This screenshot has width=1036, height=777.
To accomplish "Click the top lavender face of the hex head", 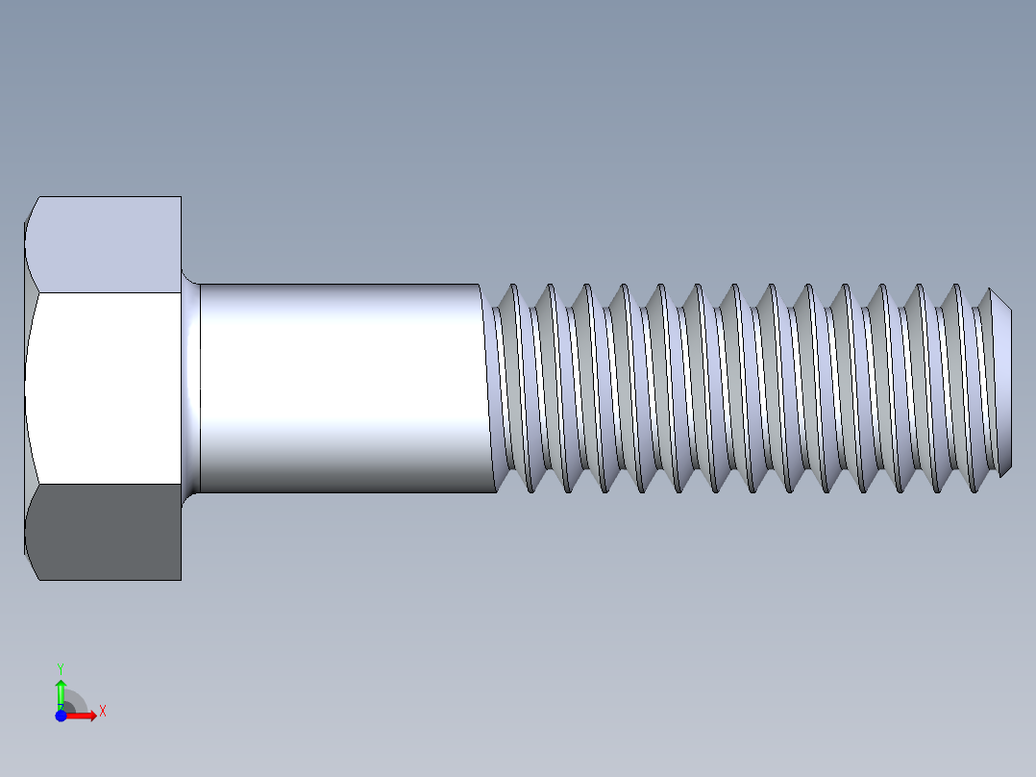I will pos(106,244).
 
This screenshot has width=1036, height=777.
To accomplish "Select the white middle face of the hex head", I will pos(106,388).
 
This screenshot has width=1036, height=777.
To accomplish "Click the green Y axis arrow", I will pos(61,690).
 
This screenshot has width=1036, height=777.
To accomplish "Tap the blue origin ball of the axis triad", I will pos(61,715).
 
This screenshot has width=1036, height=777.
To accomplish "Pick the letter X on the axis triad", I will pos(102,712).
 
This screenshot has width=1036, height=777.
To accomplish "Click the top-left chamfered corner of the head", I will pos(31,212).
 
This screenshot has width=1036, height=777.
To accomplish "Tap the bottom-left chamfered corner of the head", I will pos(31,566).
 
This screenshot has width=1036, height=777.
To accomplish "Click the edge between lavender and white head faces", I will pos(106,292).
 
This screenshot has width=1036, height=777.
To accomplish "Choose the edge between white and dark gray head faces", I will pos(106,484).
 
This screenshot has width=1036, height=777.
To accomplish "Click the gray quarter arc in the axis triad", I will pos(77,701).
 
